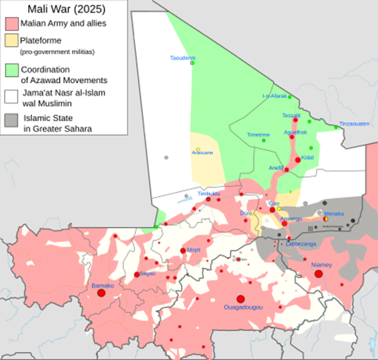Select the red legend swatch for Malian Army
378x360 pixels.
(10, 24)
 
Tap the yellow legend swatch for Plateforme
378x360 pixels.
(10, 41)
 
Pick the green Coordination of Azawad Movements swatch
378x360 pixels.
(10, 70)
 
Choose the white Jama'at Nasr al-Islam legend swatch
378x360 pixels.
(10, 97)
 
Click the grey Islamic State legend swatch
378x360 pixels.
(10, 121)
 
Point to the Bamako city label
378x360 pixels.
(102, 285)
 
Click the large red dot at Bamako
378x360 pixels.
(101, 293)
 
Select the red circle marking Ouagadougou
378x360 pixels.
(240, 299)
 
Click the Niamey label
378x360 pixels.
(322, 265)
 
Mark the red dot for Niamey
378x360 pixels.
(318, 273)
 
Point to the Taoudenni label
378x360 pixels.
(183, 58)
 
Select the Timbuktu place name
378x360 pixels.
(209, 194)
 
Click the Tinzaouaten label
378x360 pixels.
(354, 123)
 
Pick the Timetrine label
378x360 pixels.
(258, 134)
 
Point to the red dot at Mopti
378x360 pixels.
(183, 251)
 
